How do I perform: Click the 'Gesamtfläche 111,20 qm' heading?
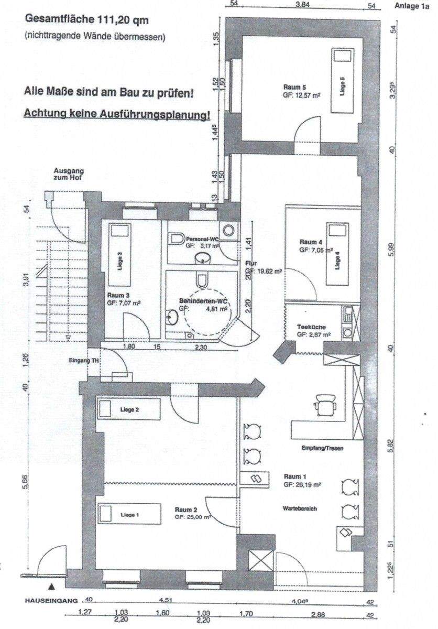[87, 21]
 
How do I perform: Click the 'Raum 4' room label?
[311, 242]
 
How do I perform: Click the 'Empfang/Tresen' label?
[323, 449]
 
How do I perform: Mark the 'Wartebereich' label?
[300, 508]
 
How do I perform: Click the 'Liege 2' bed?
[129, 409]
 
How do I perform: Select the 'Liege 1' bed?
[130, 514]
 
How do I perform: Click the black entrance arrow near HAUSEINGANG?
[52, 587]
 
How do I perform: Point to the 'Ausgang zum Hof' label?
[68, 175]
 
